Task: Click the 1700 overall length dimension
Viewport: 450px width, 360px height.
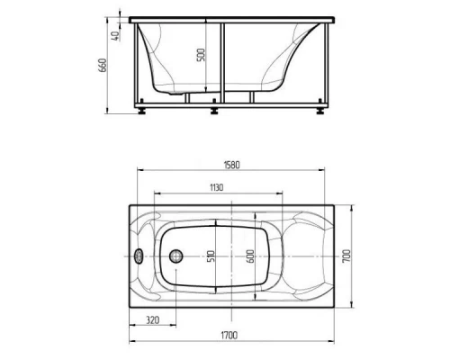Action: pyautogui.click(x=229, y=335)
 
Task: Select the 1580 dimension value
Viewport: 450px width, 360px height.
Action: pyautogui.click(x=232, y=165)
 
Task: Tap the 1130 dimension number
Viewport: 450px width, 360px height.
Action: pyautogui.click(x=216, y=188)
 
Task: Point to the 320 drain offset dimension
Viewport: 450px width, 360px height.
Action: pyautogui.click(x=153, y=320)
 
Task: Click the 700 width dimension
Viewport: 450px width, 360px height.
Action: pyautogui.click(x=346, y=256)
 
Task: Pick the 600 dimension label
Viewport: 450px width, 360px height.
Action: pyautogui.click(x=250, y=256)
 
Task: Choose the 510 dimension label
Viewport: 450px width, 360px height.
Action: pyautogui.click(x=211, y=256)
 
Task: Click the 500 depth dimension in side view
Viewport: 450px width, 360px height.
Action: pyautogui.click(x=202, y=55)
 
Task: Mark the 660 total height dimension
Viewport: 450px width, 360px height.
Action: pyautogui.click(x=103, y=65)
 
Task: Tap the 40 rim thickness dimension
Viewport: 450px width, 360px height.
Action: pyautogui.click(x=116, y=36)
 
